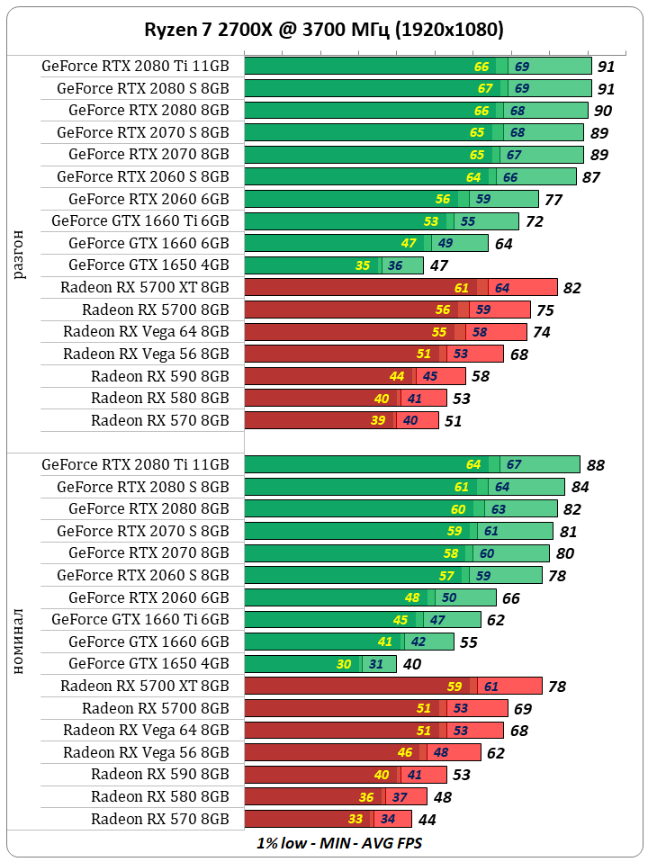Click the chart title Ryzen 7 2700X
pyautogui.click(x=324, y=30)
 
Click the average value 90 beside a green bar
pyautogui.click(x=603, y=111)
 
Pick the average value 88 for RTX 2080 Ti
pyautogui.click(x=595, y=465)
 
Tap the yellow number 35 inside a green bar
pyautogui.click(x=363, y=265)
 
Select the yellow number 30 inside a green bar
pyautogui.click(x=344, y=664)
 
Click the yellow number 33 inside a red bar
pyautogui.click(x=355, y=819)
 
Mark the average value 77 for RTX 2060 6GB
pyautogui.click(x=553, y=200)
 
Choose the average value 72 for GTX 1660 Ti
pyautogui.click(x=535, y=221)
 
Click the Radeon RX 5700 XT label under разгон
pyautogui.click(x=145, y=287)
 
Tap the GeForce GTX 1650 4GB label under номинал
pyautogui.click(x=148, y=663)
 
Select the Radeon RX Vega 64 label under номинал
pyautogui.click(x=146, y=730)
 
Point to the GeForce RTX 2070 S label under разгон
pyautogui.click(x=142, y=132)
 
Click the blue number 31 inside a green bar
pyautogui.click(x=375, y=664)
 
